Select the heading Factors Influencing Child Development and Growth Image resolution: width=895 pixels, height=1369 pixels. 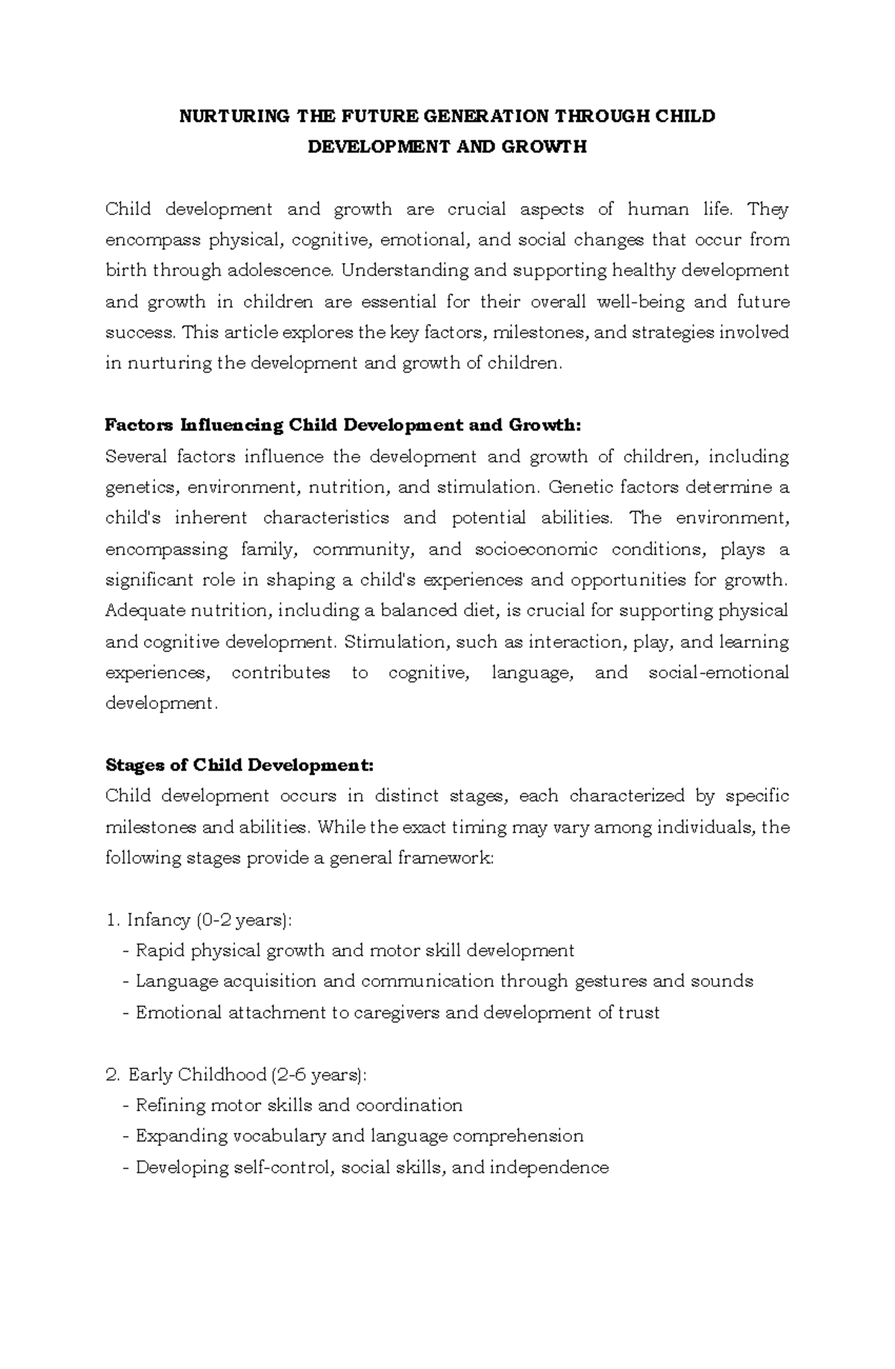(342, 425)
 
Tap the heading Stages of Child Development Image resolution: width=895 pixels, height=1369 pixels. (239, 765)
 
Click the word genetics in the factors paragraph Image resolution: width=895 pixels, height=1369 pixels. (142, 488)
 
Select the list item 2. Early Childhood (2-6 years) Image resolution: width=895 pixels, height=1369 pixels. (237, 1075)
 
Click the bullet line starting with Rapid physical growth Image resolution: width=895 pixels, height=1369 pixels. (348, 951)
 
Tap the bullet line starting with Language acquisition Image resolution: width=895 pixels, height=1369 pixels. (438, 982)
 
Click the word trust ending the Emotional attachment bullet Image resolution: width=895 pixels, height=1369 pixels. (639, 1013)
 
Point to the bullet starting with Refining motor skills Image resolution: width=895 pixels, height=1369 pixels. (292, 1106)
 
